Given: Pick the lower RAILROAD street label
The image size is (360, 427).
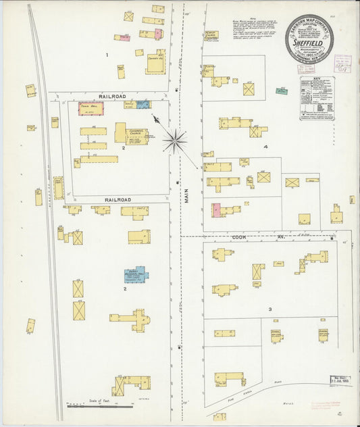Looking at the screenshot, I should pos(118,200).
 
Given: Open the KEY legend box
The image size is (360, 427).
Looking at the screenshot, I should pos(316,98).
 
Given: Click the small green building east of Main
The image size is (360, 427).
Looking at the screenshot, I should pos(281,91).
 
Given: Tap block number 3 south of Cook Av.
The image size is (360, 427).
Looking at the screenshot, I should pos(269,309).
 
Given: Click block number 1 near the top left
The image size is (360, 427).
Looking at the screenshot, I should pos(107,53).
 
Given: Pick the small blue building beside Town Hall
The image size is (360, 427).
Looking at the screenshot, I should pos(143,104).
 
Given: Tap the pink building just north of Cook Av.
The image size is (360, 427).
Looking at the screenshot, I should pos(216,210).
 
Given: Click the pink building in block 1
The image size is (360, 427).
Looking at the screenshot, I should pos(124,38).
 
